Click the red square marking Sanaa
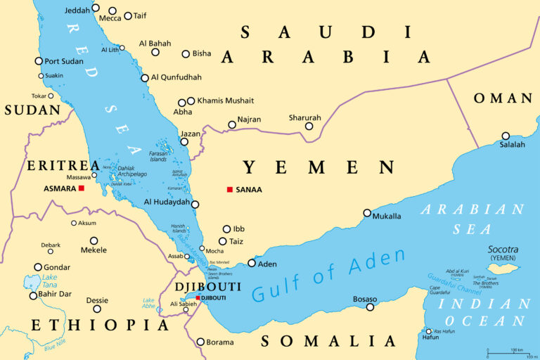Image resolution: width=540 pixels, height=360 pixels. pos(230,189)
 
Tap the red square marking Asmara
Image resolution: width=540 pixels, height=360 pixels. pos(82,188)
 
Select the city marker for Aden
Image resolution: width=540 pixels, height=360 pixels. pos(252,264)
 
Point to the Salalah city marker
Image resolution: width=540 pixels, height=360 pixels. pos(506,136)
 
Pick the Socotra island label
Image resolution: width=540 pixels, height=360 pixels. pos(503,250)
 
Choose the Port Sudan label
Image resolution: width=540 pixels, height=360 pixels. pos(64,61)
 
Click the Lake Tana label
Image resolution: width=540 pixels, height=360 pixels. pos(32,281)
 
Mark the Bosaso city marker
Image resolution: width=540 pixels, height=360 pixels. pos(370,307)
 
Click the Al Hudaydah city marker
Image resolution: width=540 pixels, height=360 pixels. pos(195,205)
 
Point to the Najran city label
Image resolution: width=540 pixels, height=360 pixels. pos(249,120)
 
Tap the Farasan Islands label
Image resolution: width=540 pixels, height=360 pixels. pos(159,156)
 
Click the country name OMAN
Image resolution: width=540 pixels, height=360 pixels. pos(502,98)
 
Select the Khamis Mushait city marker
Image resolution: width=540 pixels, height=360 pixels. pos(191,101)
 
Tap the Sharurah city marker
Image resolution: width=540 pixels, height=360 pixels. pos(309,127)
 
